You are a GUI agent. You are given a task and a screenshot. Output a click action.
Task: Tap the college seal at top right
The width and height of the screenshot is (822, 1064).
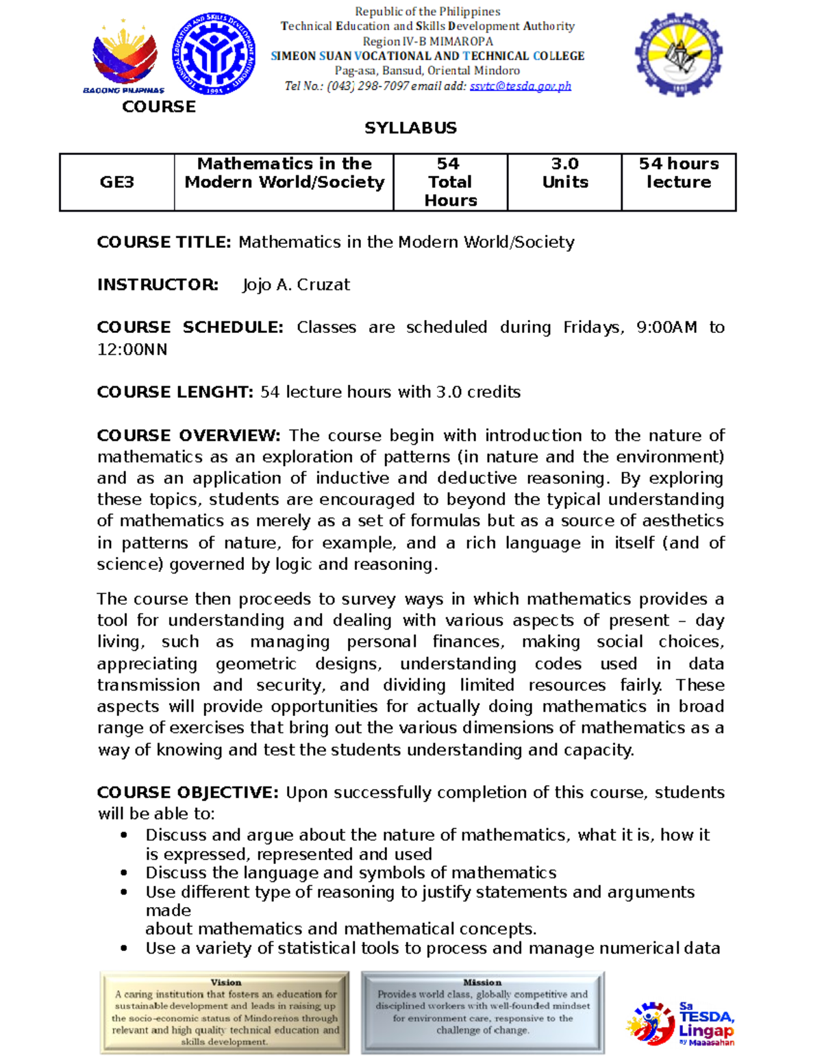[x=678, y=54]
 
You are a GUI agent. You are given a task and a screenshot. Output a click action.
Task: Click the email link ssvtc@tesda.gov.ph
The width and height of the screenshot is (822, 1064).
[x=520, y=86]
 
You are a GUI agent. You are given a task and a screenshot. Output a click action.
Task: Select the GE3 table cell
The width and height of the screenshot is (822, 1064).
[x=117, y=182]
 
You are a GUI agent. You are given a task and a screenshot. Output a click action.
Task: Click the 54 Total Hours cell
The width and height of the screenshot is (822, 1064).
[x=450, y=182]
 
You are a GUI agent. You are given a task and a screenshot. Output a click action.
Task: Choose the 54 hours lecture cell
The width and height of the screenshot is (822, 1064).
[x=679, y=173]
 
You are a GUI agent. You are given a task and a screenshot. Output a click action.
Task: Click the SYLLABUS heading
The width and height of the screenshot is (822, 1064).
[x=410, y=128]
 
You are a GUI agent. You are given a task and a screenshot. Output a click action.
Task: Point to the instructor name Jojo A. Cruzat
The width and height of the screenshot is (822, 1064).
[x=296, y=285]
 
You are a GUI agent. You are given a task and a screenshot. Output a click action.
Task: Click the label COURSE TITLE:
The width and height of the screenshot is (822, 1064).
[x=164, y=243]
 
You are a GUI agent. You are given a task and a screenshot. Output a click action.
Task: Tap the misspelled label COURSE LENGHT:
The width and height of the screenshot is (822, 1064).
[x=175, y=392]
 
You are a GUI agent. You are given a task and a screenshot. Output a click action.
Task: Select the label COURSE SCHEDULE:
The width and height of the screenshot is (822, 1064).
[x=190, y=327]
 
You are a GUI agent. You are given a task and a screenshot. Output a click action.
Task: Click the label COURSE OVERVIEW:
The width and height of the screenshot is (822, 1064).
[x=188, y=436]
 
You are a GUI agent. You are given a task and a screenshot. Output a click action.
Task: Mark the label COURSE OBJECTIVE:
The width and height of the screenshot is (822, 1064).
[x=188, y=793]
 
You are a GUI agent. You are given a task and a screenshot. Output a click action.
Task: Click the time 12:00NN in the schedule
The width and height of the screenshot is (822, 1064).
[x=132, y=349]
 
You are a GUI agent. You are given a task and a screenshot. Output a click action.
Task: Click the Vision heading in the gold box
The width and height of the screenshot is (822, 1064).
[x=226, y=982]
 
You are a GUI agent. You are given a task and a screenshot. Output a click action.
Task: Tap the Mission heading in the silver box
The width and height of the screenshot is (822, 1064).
[x=482, y=982]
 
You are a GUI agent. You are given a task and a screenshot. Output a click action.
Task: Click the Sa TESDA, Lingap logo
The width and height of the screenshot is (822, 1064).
[x=681, y=1023]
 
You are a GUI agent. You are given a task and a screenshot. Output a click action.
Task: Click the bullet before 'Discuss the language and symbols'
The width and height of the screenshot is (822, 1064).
[x=124, y=873]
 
